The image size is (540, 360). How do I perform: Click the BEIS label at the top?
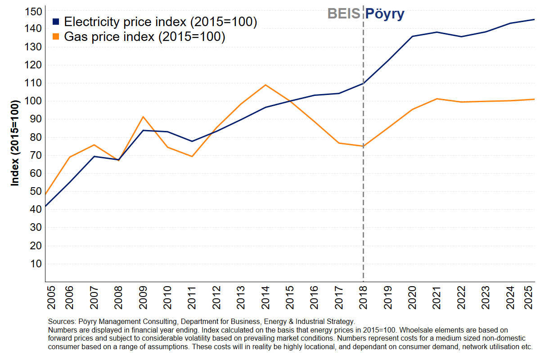point(344,13)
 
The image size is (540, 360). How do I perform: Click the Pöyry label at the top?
point(384,14)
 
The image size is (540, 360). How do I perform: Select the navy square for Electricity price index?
point(56,22)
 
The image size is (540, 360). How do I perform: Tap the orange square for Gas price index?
point(56,37)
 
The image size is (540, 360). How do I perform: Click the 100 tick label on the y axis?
point(33,101)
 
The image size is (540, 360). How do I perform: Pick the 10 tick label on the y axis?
point(36,264)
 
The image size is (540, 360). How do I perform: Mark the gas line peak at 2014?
point(265,85)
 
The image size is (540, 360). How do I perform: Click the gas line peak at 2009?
point(143,117)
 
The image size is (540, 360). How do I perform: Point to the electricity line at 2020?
point(412,36)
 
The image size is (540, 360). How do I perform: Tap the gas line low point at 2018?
point(363,146)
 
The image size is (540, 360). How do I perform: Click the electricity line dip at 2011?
point(192,141)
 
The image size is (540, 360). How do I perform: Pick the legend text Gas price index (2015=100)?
point(144,37)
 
